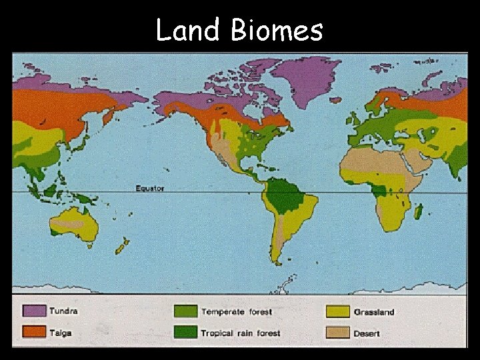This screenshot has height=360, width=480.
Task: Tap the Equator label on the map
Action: [x=149, y=189]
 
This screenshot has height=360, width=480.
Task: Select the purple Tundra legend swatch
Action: [x=34, y=311]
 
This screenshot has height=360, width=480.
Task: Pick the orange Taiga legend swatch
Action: [x=34, y=332]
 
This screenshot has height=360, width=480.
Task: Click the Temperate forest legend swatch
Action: [x=185, y=311]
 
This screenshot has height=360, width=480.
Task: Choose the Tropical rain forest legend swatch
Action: [x=185, y=332]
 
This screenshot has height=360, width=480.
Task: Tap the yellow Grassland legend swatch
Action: [x=337, y=311]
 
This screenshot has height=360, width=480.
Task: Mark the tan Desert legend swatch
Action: [x=337, y=332]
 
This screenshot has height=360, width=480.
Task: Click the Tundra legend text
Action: [x=63, y=311]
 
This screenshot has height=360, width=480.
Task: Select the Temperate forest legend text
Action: [x=237, y=312]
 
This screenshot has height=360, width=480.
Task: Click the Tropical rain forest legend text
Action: [x=241, y=333]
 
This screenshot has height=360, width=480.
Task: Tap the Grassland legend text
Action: [x=374, y=312]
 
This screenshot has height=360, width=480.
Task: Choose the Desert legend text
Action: [x=367, y=333]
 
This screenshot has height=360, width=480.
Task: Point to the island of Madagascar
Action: [x=418, y=212]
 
